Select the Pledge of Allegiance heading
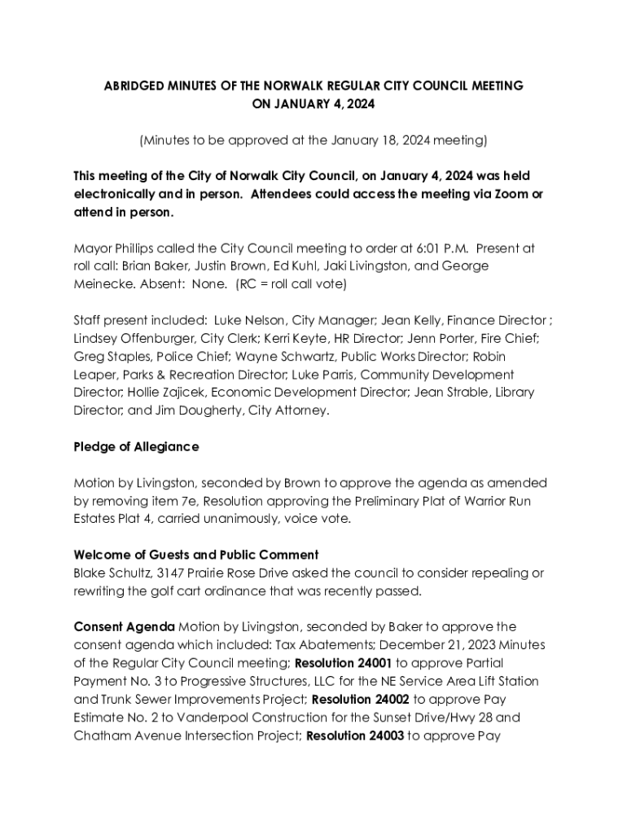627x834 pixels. tap(136, 447)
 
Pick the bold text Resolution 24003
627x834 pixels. tap(354, 737)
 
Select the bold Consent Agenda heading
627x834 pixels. tap(124, 627)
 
